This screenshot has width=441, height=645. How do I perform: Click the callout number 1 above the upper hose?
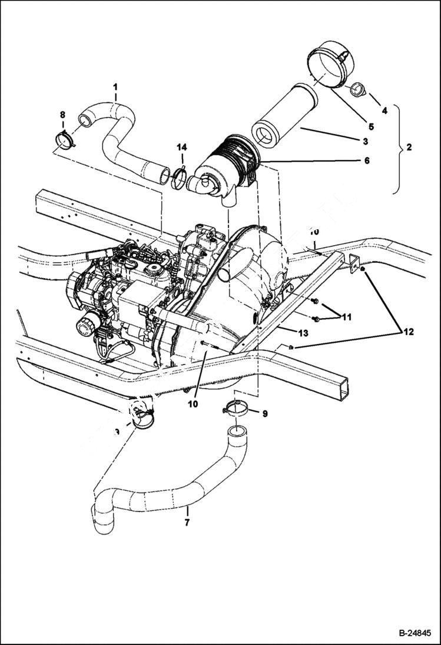(115, 87)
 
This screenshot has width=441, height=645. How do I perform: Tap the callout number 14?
(182, 146)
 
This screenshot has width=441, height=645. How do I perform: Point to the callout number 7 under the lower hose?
(187, 522)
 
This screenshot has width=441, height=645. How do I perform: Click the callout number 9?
(265, 414)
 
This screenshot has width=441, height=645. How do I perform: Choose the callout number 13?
(302, 333)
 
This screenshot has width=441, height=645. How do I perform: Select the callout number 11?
(346, 317)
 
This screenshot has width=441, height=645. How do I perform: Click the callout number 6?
(366, 161)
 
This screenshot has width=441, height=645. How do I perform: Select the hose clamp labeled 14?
(180, 177)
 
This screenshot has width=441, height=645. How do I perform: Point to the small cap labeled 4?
(357, 90)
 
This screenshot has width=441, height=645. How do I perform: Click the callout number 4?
(384, 109)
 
